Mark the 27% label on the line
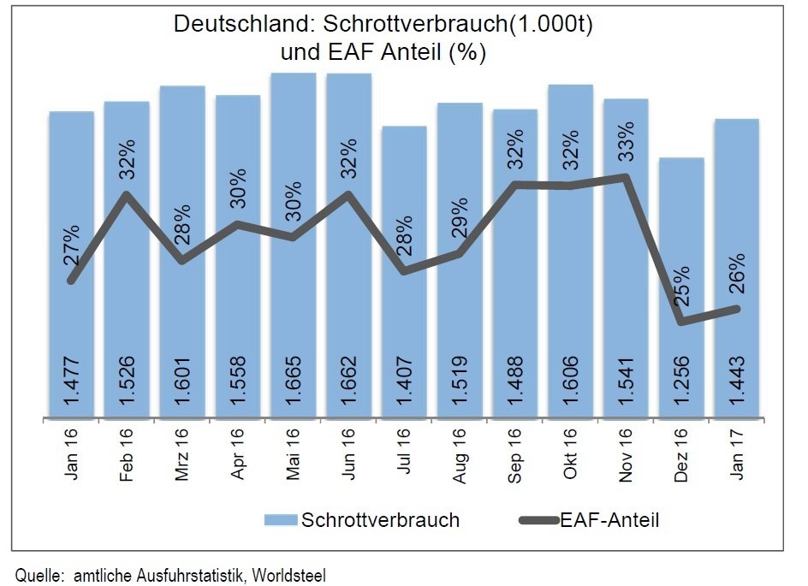pyautogui.click(x=72, y=245)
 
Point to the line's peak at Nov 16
pyautogui.click(x=626, y=178)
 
